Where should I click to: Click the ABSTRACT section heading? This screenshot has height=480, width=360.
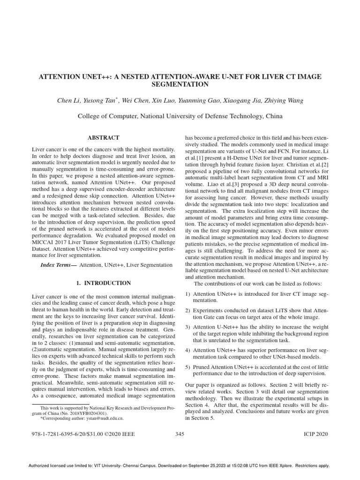pos(104,138)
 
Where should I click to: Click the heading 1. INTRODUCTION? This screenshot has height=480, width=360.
pos(104,283)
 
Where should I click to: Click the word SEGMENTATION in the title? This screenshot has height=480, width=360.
pos(180,85)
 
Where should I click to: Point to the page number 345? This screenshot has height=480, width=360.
pos(180,434)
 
